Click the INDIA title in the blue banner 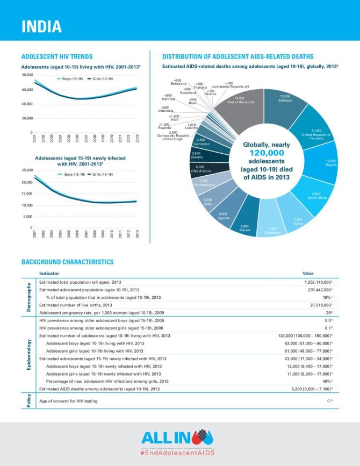click(x=41, y=26)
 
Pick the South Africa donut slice click(x=313, y=196)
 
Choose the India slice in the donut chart click(x=208, y=203)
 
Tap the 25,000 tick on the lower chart click(x=27, y=170)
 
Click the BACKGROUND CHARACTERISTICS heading click(x=67, y=262)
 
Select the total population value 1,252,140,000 click(x=317, y=282)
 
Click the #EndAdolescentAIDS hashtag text click(x=180, y=453)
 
